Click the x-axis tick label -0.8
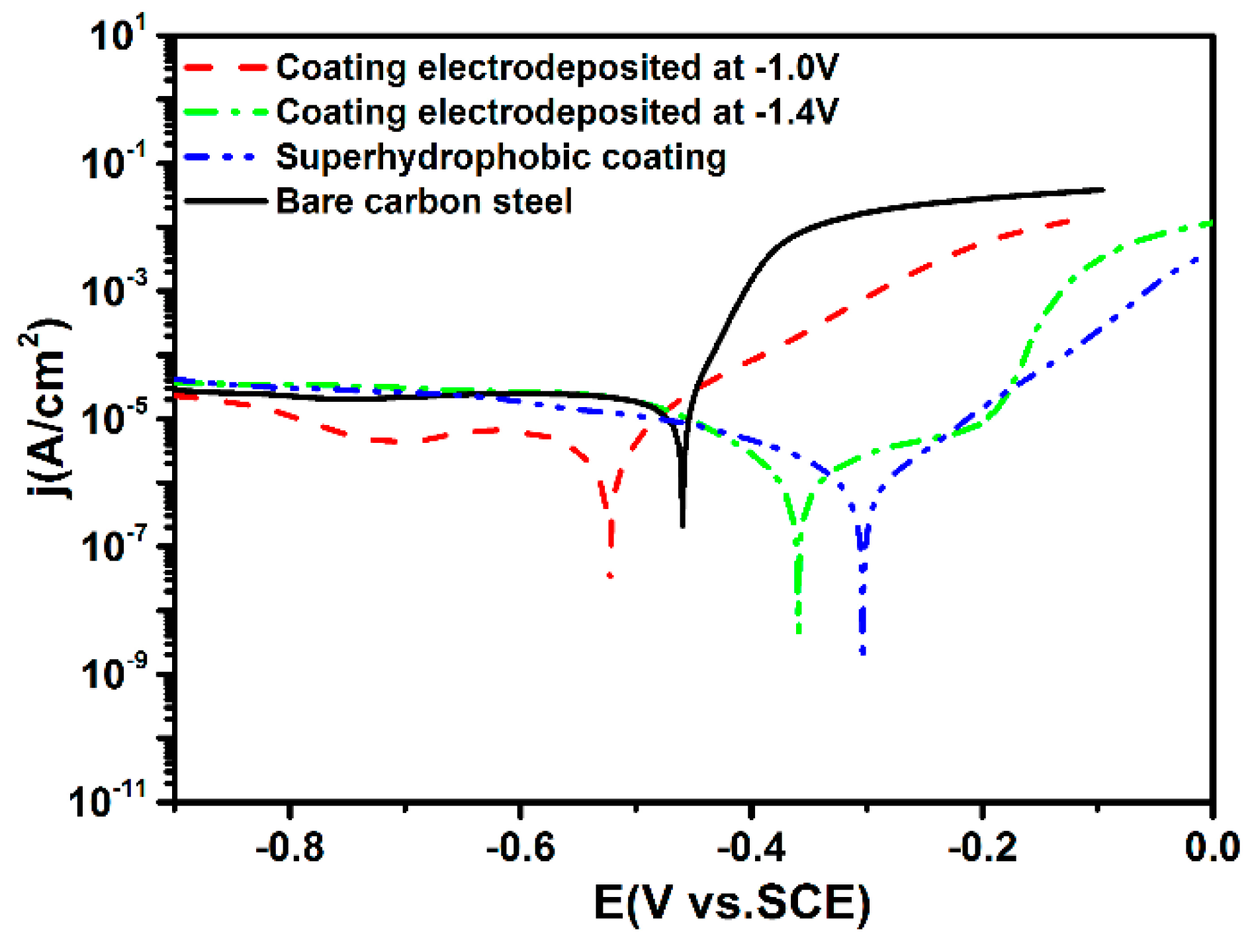coord(289,848)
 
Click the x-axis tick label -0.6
coord(520,848)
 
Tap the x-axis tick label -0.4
coord(750,848)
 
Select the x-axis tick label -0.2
coord(982,848)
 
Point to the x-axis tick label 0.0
coord(1212,848)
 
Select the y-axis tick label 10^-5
coord(112,418)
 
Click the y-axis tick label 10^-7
coord(112,546)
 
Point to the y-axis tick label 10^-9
coord(112,674)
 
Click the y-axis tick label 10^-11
coord(109,801)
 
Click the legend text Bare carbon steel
coord(424,201)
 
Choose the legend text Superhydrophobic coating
coord(501,158)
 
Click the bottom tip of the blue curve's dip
coord(862,653)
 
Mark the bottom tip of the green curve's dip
coord(799,632)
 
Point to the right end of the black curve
coord(1103,190)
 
